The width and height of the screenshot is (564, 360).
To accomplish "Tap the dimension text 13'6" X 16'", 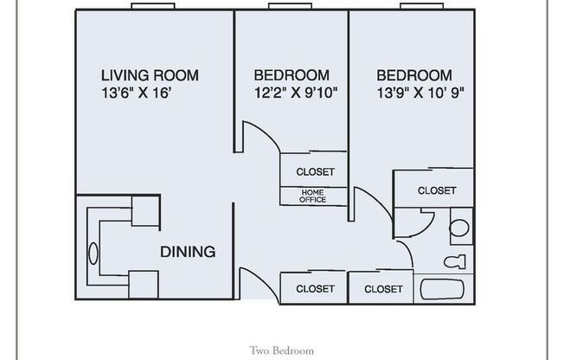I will (142, 92).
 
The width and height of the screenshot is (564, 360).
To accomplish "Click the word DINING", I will (187, 252).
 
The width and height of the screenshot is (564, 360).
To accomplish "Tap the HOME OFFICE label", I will (313, 196).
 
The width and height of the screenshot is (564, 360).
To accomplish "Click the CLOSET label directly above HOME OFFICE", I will (315, 171).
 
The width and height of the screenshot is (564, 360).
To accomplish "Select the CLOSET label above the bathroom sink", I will (436, 190).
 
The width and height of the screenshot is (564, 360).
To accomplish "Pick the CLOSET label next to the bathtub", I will (382, 288).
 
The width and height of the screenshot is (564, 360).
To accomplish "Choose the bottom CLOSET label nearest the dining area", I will (315, 288).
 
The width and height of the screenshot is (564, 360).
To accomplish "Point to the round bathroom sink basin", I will (460, 229).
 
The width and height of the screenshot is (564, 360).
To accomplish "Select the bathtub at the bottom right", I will (445, 288).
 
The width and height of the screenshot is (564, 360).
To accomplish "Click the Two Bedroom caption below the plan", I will (281, 351).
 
